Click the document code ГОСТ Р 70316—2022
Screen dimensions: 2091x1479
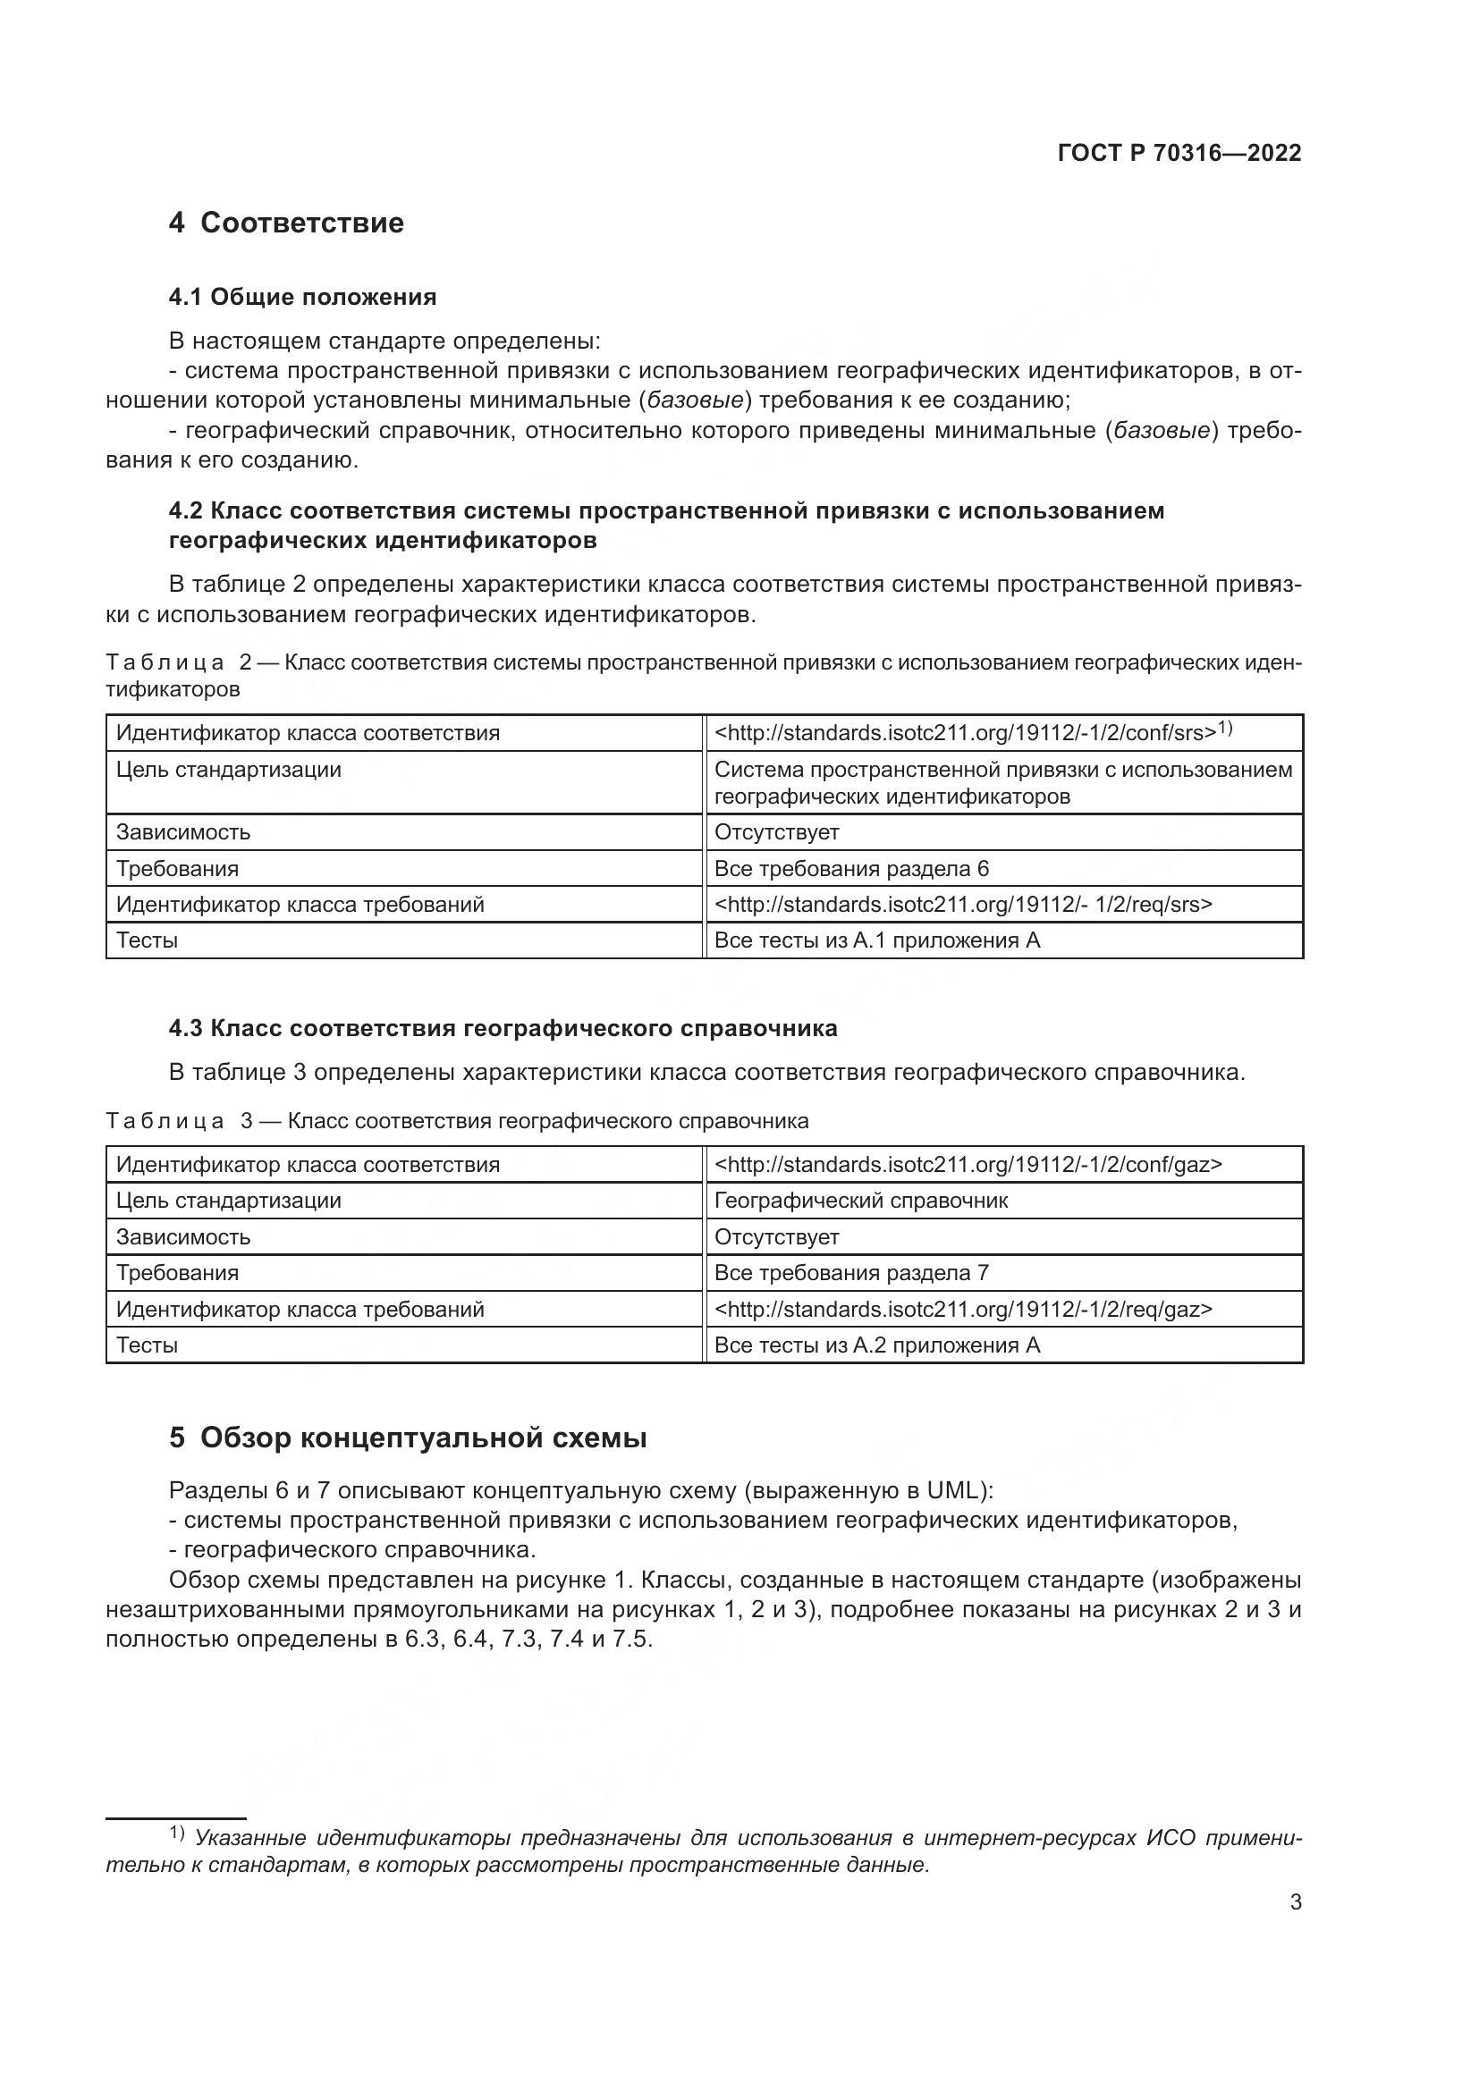click(1179, 153)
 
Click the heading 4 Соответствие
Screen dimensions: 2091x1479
click(286, 223)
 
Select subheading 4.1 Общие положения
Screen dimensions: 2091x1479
click(302, 297)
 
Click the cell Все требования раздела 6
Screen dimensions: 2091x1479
click(850, 869)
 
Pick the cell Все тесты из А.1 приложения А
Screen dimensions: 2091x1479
click(876, 940)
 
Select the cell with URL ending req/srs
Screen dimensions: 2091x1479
click(963, 905)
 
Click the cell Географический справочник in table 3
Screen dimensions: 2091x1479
click(860, 1201)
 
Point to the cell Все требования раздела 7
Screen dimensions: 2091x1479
click(850, 1273)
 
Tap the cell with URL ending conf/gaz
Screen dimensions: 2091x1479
click(968, 1165)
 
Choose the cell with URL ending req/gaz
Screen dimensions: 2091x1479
click(963, 1310)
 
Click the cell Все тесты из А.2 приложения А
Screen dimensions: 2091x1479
click(876, 1345)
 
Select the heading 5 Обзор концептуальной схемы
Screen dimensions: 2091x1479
click(407, 1438)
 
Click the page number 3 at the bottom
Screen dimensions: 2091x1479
click(1295, 1902)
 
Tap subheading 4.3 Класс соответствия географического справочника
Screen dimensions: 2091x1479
click(503, 1029)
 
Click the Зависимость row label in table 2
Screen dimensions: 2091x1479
click(183, 832)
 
